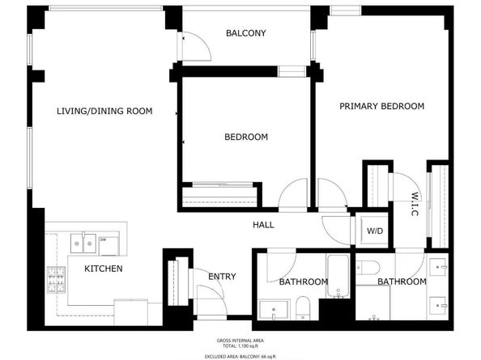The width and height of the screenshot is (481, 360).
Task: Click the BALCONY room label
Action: pos(245,33)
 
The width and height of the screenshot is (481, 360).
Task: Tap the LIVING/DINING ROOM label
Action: pos(104,111)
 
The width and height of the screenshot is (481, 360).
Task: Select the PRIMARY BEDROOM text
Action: pos(381,106)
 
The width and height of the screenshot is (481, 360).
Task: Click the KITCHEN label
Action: pos(104,268)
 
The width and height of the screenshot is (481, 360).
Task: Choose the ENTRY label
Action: pos(222,277)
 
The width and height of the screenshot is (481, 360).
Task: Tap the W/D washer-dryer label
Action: pos(375,231)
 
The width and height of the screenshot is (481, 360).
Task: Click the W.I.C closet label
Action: pos(414,197)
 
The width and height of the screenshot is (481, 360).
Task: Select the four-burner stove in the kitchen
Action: pos(57,280)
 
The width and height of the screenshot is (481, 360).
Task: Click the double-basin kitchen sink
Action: pos(81,241)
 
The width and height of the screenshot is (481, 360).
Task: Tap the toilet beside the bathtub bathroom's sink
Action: pos(301,306)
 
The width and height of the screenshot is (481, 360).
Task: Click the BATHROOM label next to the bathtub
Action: pos(303,282)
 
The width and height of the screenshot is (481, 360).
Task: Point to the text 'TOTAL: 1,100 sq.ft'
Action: pos(240,345)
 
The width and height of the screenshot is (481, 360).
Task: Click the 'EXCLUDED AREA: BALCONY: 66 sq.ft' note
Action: pos(240,355)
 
